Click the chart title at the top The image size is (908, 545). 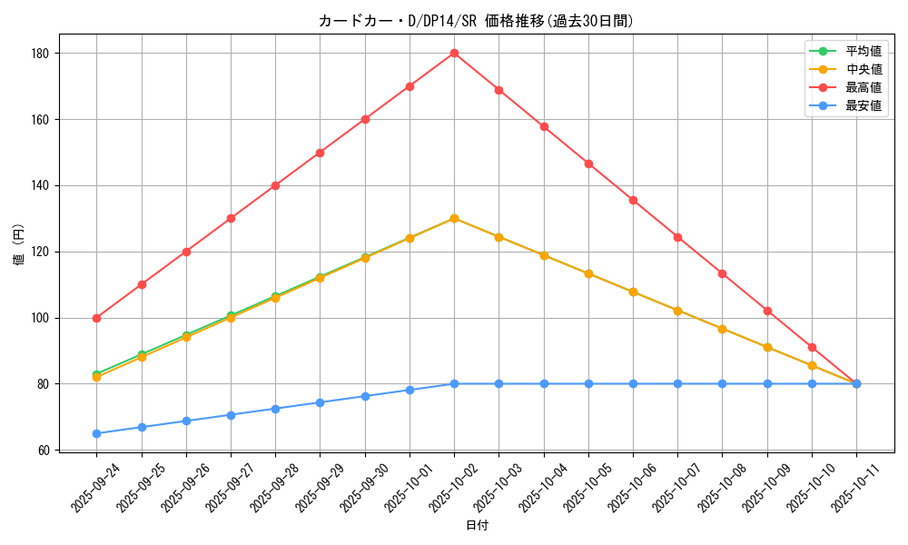[x=476, y=21]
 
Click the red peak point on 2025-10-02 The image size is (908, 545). [x=454, y=53]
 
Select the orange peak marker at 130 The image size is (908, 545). [x=454, y=218]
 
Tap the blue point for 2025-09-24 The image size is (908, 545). [x=97, y=433]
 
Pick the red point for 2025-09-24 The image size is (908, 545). [x=97, y=318]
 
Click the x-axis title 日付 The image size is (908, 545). [x=476, y=525]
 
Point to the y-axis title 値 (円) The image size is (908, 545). [x=19, y=245]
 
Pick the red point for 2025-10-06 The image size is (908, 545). [x=633, y=200]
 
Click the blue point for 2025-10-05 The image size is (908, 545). [x=588, y=383]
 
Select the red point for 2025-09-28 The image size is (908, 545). [x=275, y=185]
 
